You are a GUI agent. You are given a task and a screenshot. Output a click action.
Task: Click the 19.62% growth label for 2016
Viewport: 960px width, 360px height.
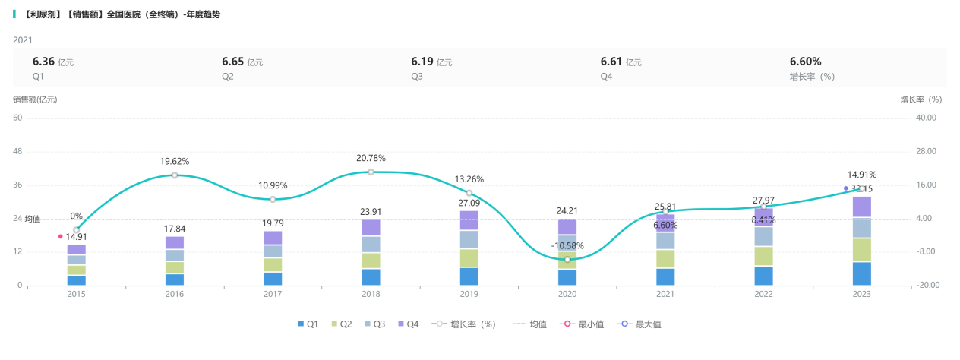[175, 162]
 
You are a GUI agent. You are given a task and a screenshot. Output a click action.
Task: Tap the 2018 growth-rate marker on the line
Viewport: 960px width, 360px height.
[371, 172]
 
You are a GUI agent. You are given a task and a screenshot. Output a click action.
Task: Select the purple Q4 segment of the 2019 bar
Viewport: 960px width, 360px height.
[469, 220]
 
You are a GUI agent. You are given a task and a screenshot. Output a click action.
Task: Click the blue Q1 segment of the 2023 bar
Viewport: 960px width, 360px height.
[862, 273]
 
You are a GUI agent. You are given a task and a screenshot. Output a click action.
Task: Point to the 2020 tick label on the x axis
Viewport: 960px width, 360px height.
[567, 295]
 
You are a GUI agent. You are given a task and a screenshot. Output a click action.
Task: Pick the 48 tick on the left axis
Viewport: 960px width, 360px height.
[17, 152]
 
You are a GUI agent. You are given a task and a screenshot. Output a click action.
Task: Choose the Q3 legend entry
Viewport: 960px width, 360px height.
[375, 324]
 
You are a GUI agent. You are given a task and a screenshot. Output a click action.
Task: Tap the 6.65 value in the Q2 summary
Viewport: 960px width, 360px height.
[232, 62]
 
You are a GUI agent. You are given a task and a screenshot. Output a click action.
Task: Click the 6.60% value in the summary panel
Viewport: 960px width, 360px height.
[805, 62]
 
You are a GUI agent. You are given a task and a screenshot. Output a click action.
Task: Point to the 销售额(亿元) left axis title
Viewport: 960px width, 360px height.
[35, 99]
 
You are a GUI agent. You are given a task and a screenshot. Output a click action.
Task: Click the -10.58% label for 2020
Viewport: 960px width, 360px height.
[567, 246]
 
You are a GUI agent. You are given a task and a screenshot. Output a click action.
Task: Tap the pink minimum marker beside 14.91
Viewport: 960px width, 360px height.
[61, 236]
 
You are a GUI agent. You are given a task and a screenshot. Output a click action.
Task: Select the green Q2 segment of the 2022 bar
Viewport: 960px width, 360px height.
[764, 256]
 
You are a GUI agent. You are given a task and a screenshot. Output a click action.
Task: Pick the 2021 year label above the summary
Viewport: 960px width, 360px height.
[23, 40]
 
